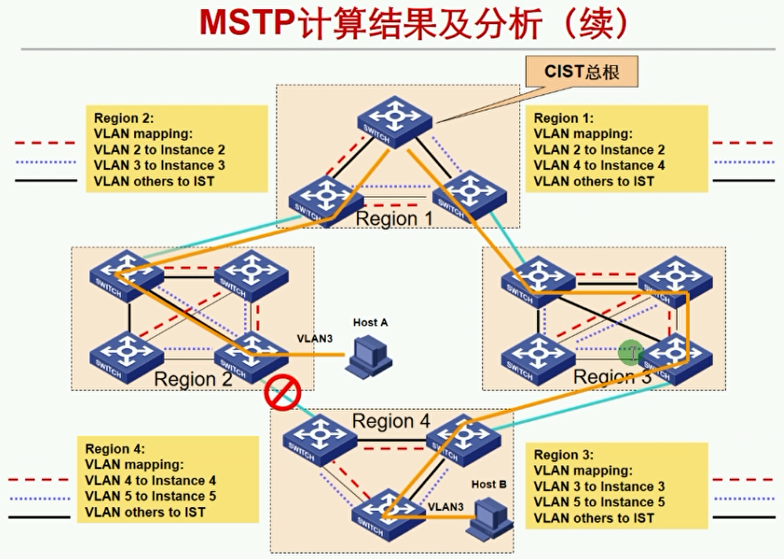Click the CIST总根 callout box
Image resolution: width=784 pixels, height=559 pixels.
(x=581, y=72)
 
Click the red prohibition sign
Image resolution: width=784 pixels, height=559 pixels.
(x=282, y=392)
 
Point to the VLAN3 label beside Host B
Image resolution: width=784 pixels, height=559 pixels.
(x=446, y=506)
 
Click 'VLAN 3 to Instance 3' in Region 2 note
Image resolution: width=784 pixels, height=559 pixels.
(x=160, y=166)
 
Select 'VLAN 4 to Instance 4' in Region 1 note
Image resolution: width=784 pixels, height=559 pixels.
(x=599, y=166)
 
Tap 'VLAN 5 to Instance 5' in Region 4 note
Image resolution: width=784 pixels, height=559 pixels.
(x=151, y=496)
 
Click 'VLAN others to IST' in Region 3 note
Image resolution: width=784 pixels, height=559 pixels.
(x=594, y=518)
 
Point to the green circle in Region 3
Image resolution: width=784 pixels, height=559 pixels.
(x=630, y=352)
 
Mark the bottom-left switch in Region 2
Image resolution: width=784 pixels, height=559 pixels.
(x=127, y=353)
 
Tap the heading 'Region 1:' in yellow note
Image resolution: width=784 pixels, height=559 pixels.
(x=564, y=118)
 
